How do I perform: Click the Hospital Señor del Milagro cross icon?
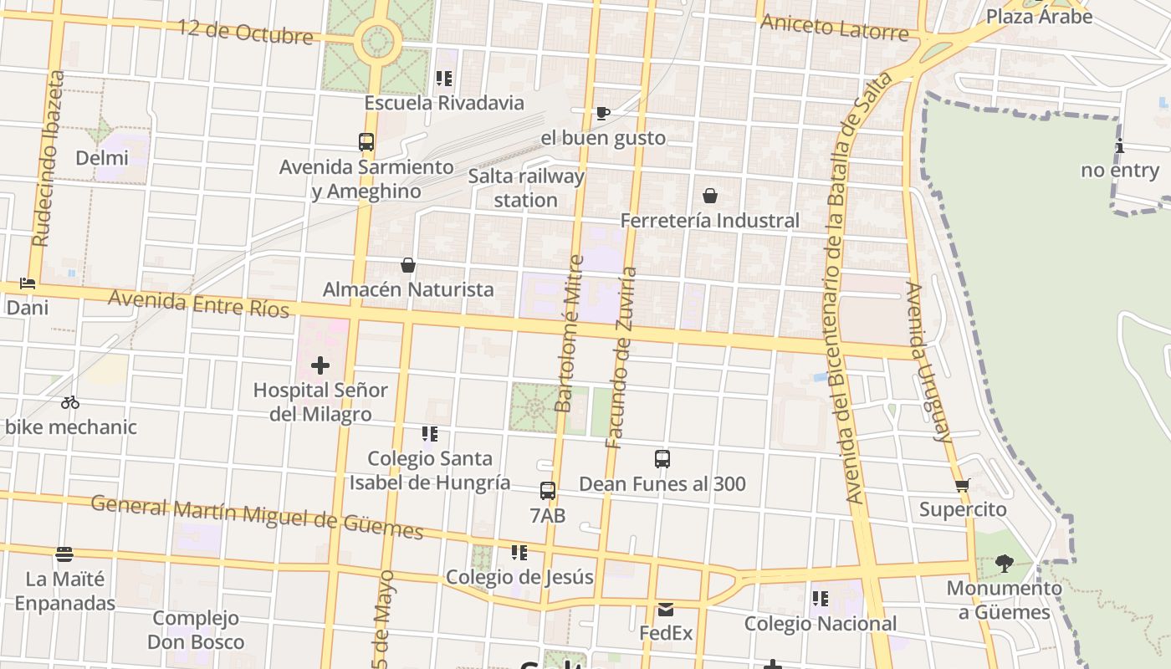pos(320,365)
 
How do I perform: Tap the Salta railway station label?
pos(525,188)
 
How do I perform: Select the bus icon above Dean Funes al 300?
pos(662,459)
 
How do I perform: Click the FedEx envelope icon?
pos(666,609)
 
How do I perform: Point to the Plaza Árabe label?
pos(1039,16)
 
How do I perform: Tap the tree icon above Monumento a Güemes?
pos(1005,564)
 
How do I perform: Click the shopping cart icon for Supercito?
pos(963,485)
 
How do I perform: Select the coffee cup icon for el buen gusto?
pos(602,113)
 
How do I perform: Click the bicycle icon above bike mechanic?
pos(70,402)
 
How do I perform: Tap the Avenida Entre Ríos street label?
pos(199,304)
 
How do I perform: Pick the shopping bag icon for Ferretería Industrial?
pos(710,196)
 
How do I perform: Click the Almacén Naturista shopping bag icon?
pos(408,265)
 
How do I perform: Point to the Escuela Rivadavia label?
pos(444,103)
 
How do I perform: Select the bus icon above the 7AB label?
pos(548,491)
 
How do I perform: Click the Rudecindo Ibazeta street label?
pos(49,159)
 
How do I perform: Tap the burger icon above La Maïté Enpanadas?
pos(64,554)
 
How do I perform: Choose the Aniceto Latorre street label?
pos(834,28)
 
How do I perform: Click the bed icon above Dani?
pos(28,283)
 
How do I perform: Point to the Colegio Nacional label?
pos(821,624)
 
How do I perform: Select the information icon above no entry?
pos(1120,147)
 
